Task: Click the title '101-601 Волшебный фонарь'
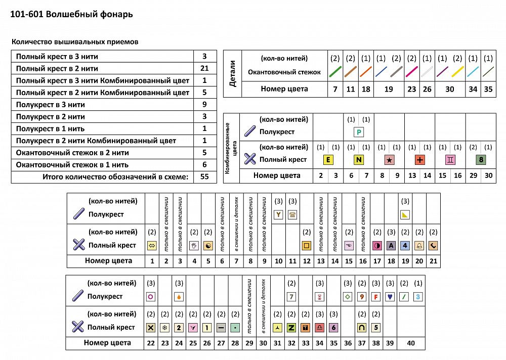[x=72, y=14]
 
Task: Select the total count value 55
[x=204, y=177]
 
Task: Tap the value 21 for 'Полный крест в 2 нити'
[x=204, y=68]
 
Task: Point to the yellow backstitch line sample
[x=457, y=72]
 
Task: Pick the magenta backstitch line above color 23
[x=411, y=72]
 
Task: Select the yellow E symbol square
[x=328, y=160]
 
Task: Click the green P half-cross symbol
[x=358, y=132]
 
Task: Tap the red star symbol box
[x=389, y=160]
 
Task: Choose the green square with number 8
[x=481, y=160]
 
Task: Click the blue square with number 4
[x=405, y=245]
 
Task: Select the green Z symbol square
[x=291, y=327]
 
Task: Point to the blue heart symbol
[x=390, y=297]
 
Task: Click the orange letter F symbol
[x=375, y=297]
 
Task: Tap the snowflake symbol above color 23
[x=164, y=327]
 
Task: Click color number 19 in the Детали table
[x=389, y=89]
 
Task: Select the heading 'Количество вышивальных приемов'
[x=74, y=42]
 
